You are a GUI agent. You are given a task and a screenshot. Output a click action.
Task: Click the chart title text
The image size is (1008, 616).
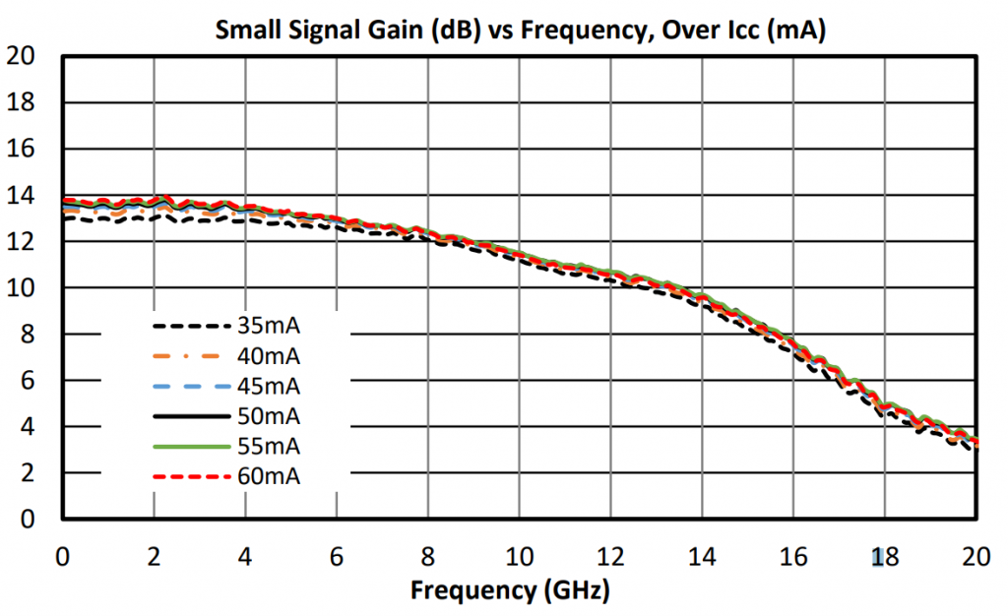click(519, 31)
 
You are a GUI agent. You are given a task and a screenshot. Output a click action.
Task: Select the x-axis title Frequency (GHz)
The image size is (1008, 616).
click(509, 591)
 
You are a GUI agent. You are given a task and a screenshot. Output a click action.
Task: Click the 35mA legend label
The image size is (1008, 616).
click(268, 325)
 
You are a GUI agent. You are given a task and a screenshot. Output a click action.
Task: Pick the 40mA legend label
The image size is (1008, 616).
click(268, 355)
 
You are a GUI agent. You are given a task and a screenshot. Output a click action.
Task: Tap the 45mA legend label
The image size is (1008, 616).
click(268, 386)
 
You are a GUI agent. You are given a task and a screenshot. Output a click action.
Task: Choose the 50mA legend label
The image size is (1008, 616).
click(268, 416)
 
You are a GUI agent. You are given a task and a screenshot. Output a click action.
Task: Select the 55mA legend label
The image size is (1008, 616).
click(268, 447)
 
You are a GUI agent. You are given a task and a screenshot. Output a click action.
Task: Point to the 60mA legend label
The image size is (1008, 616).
click(268, 477)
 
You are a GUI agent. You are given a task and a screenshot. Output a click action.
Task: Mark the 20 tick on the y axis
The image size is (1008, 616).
click(21, 57)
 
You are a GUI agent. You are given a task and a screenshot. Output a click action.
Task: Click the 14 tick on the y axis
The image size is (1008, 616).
click(21, 196)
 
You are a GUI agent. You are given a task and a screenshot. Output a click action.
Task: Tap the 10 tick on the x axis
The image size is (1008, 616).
click(519, 557)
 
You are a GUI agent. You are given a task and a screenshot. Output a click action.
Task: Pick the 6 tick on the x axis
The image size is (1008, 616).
click(337, 557)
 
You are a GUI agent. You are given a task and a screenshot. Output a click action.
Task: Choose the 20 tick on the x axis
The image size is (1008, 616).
click(976, 557)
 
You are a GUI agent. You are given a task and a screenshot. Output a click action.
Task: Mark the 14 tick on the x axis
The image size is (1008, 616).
click(702, 557)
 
